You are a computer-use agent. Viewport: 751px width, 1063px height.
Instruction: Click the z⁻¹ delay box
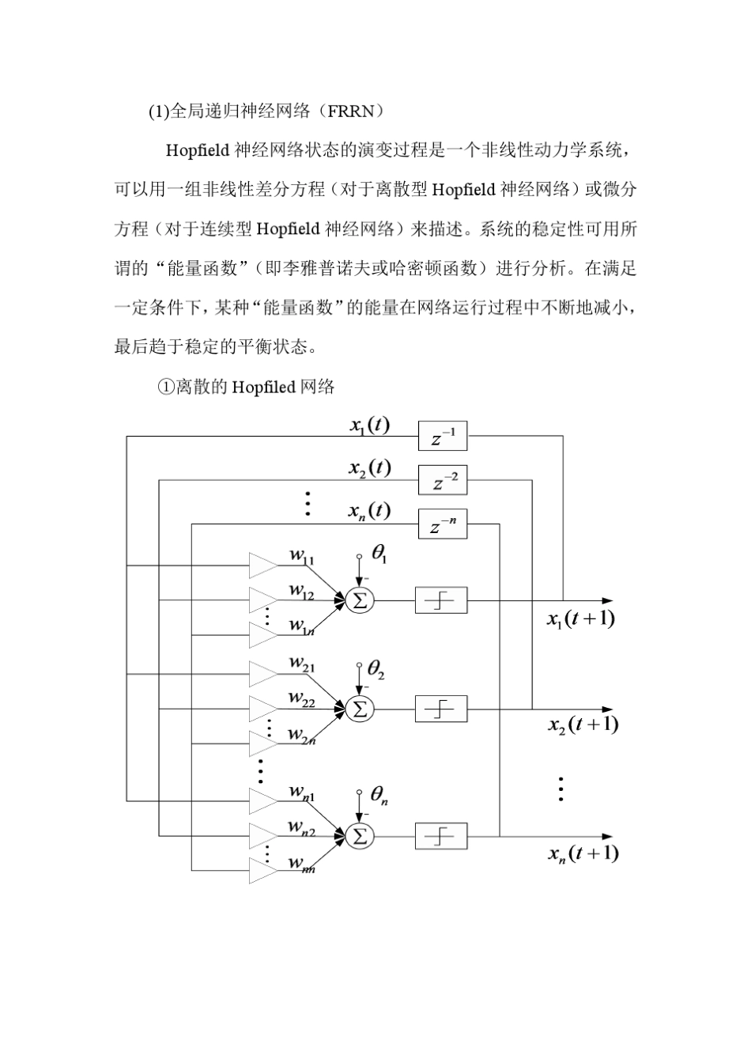coord(443,436)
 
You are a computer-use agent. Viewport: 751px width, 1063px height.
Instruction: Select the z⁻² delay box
coord(443,480)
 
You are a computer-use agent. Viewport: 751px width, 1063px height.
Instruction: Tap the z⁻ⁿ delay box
coord(443,524)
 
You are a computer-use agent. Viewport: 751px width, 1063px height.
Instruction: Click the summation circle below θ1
coord(360,600)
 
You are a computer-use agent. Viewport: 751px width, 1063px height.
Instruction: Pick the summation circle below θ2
coord(360,709)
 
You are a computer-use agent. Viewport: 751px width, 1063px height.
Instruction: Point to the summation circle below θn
coord(360,836)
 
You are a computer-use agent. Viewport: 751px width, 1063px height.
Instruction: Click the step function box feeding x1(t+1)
coord(441,600)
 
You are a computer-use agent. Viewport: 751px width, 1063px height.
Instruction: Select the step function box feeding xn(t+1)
coord(441,836)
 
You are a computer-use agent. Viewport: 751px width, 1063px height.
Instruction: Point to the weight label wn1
coord(301,792)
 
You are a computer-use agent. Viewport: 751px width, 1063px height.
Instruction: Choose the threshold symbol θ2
coord(376,671)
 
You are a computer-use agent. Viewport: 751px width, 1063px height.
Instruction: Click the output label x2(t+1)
coord(583,724)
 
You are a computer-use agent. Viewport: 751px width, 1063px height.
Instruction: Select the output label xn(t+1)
coord(583,853)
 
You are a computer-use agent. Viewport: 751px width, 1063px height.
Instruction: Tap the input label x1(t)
coord(369,425)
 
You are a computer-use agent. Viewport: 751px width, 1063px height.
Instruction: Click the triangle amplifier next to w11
coord(263,566)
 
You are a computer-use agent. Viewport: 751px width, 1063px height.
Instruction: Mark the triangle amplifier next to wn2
coord(263,835)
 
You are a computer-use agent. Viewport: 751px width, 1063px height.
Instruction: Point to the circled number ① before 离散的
coord(166,388)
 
